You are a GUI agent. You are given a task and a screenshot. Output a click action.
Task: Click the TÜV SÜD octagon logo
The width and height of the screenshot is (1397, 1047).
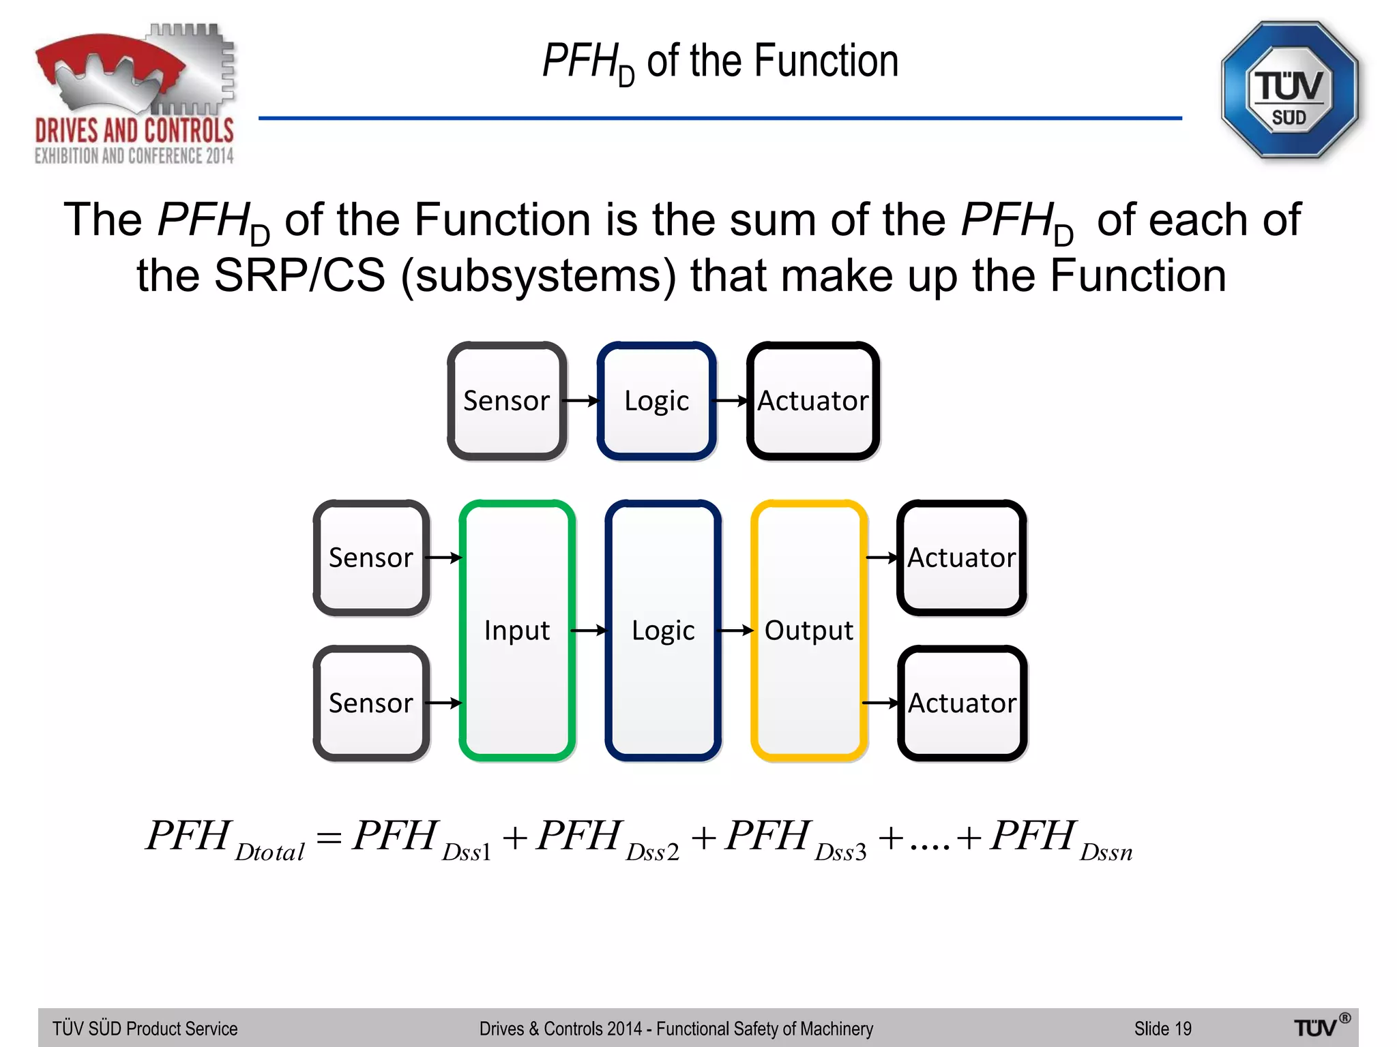pos(1289,91)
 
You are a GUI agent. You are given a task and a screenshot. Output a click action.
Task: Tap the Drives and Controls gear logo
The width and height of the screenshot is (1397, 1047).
pos(135,94)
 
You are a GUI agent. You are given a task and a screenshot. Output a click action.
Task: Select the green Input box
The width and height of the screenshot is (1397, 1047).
pos(517,630)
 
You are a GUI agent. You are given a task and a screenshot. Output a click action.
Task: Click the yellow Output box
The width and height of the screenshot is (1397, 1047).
pos(809,630)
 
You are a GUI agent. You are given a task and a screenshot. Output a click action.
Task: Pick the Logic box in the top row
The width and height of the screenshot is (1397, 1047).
pos(656,401)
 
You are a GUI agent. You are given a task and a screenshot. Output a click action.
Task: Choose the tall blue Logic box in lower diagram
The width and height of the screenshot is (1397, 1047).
pos(663,630)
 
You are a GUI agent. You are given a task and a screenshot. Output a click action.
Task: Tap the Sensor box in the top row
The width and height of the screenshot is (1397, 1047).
pos(506,401)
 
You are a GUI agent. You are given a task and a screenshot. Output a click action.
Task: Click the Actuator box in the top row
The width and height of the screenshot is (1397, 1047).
pos(812,401)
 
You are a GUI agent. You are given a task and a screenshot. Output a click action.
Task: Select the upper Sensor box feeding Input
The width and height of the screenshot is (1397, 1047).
pos(371,558)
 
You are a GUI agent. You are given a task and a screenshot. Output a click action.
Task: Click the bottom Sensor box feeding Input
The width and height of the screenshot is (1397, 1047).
pos(371,703)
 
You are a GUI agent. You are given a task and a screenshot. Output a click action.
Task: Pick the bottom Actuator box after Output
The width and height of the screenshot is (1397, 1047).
pos(962,703)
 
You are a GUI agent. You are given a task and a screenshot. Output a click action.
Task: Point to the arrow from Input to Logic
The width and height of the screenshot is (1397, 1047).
pos(588,631)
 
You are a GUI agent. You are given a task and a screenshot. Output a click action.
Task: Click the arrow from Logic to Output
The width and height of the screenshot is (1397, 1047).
pos(736,631)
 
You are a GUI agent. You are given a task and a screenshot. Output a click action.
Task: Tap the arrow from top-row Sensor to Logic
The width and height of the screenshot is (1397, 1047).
pos(580,401)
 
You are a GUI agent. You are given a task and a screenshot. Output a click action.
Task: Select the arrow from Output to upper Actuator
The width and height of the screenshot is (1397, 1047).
pos(882,558)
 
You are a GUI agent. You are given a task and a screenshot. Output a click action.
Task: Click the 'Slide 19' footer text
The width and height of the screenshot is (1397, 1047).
pos(1162,1029)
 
